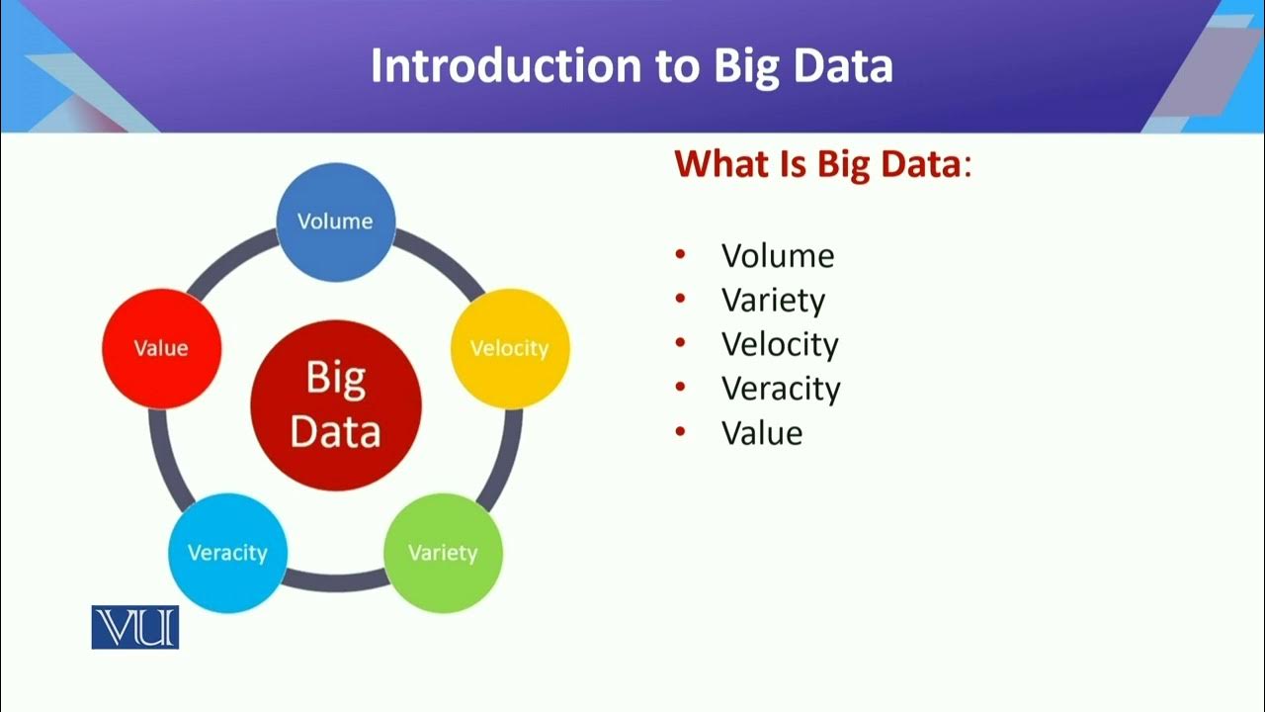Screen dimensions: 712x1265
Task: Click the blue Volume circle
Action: point(335,222)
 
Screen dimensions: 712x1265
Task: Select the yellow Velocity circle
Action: point(509,348)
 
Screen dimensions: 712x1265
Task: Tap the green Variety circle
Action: point(442,552)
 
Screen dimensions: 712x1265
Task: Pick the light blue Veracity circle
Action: point(227,552)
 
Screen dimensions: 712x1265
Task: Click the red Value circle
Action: point(161,348)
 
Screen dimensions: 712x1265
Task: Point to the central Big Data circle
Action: point(336,405)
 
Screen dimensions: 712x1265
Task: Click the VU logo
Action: point(135,627)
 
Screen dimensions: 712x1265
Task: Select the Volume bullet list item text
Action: point(778,256)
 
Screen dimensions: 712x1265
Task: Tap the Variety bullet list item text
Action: point(773,300)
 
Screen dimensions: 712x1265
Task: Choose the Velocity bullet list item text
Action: point(780,344)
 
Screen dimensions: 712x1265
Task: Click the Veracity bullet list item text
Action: point(781,388)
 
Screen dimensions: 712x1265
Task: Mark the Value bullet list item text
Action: point(762,432)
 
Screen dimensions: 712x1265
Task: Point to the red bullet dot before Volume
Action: point(680,256)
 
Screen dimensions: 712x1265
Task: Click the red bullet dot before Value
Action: point(680,432)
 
